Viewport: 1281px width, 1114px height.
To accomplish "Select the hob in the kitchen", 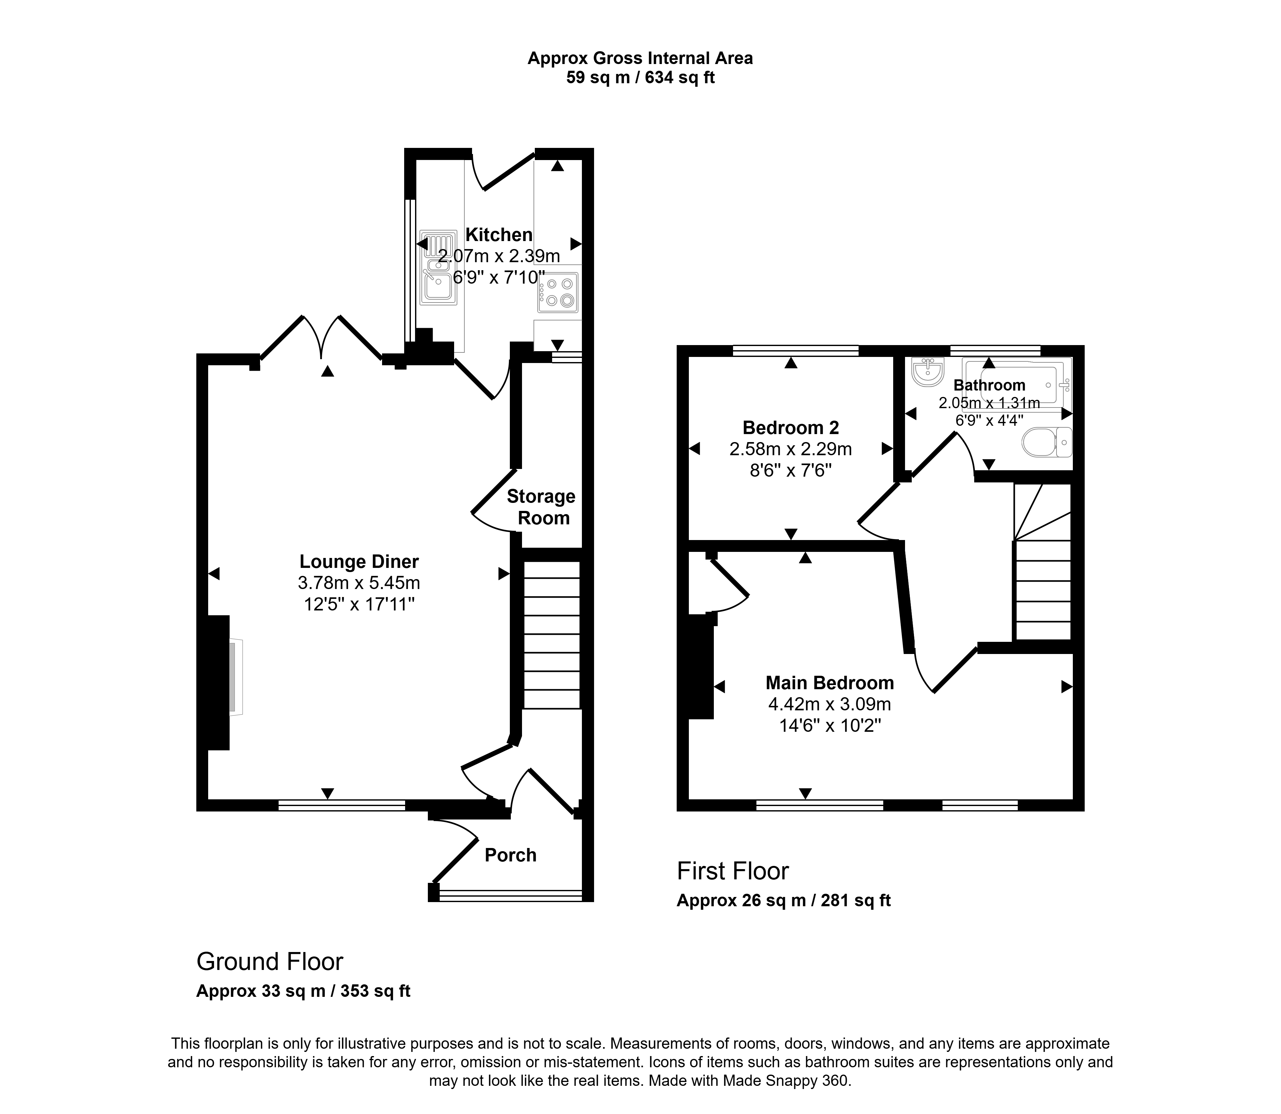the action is (559, 292).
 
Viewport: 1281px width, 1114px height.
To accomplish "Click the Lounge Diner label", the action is (359, 562).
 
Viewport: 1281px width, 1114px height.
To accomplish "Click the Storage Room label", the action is (541, 507).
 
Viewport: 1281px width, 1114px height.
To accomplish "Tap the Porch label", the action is (510, 855).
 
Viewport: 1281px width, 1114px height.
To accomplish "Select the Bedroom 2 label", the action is (791, 428).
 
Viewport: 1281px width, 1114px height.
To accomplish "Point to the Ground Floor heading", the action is (270, 962).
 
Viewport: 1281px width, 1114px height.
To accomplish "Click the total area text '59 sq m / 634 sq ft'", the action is (640, 78).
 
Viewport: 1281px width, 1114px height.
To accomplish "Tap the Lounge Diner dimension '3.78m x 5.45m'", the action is (359, 583).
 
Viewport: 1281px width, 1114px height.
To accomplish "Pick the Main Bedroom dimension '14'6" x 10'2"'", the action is (830, 725).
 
